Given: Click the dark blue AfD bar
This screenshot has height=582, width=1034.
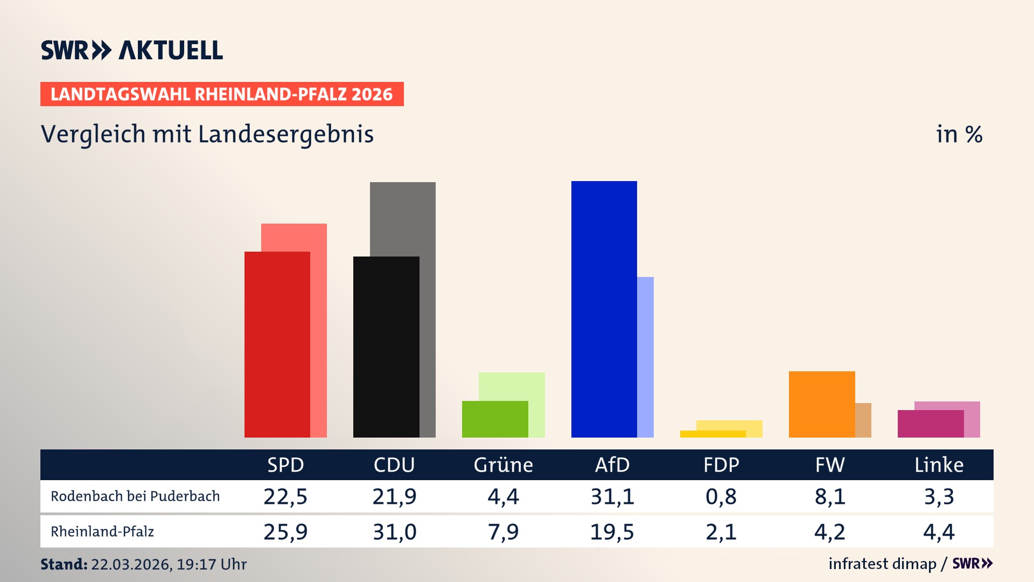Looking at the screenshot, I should pos(604,309).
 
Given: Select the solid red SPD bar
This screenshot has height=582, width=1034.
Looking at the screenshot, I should pos(277,344).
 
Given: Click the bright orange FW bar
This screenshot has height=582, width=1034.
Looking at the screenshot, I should pos(821,404).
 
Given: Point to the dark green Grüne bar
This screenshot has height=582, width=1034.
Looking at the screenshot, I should pos(494,419).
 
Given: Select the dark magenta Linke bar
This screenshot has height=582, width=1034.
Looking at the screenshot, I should pos(930,424).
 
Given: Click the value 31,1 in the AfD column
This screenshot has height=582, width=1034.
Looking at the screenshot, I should pos(612,496).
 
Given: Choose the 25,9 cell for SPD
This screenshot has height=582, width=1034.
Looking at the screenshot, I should pos(285,532).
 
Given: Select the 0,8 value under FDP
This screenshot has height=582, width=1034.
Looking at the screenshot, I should pos(721,496).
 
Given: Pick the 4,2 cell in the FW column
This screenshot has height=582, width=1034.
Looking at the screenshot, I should pos(830,532).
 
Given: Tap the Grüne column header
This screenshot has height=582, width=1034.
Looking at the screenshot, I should pos(503,465).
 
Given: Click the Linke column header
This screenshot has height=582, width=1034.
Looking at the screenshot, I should pos(939,465).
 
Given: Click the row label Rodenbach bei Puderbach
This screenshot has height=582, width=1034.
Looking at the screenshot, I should pos(135,496).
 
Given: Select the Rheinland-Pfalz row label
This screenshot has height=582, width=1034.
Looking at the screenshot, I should pos(102,532).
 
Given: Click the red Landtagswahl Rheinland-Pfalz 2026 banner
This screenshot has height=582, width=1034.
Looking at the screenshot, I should pos(222,94).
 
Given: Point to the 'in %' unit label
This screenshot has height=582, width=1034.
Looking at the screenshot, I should pos(959,134).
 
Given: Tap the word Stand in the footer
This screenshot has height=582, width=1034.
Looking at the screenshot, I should pos(63,564).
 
